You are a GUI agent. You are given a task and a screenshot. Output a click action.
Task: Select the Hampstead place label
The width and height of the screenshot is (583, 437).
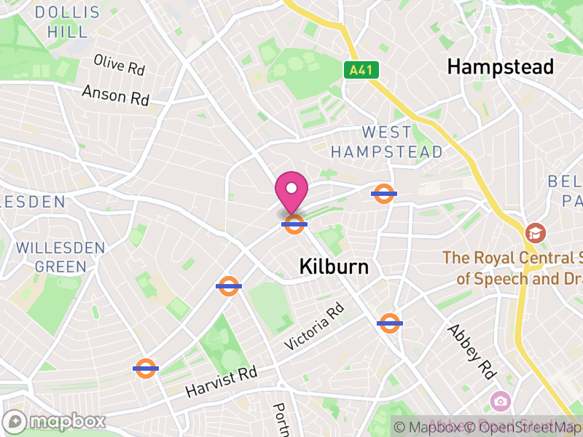pos(500,67)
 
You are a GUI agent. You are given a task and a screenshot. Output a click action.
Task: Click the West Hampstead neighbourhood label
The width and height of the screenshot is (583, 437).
pos(386,142)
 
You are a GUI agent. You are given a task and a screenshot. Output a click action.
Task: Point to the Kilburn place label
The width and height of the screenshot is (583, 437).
pos(334,267)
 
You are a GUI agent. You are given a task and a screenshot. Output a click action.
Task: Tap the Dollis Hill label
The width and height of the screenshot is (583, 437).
pos(68,22)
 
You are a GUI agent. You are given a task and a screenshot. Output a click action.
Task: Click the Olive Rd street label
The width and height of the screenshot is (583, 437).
pos(120,65)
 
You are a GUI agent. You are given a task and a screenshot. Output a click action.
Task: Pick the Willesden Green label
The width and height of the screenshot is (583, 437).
pos(60,257)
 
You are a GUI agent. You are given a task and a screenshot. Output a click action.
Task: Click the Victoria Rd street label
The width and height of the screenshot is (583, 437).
pos(314,326)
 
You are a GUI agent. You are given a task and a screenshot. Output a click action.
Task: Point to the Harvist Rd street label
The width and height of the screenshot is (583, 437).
pos(221,381)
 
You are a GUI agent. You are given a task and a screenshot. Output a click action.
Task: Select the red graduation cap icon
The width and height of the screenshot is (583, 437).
pos(536,233)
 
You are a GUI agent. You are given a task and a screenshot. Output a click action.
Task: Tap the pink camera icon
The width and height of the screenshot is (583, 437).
pos(500,400)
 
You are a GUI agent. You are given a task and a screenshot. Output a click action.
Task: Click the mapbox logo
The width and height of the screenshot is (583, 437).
pos(55,421)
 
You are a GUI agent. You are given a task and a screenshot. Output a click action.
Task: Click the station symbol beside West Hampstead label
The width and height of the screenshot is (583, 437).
pos(383,194)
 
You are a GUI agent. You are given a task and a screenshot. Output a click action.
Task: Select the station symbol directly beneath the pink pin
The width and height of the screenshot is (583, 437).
pos(294,224)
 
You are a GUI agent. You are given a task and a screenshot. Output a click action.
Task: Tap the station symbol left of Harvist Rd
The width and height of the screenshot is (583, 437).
pos(146,369)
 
